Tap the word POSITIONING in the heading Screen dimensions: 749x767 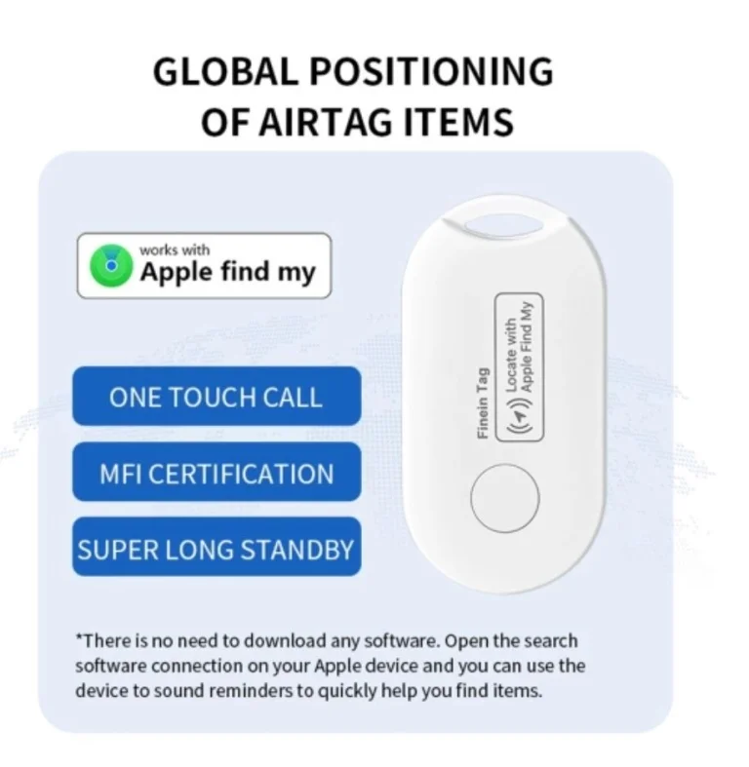[x=431, y=71]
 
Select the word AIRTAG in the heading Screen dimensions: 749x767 [x=325, y=122]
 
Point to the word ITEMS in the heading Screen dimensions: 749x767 [x=458, y=122]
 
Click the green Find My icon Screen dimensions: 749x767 [x=111, y=266]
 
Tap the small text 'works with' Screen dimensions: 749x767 [x=175, y=249]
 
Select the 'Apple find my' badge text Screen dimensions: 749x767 [x=227, y=272]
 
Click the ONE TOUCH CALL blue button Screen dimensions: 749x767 [x=217, y=396]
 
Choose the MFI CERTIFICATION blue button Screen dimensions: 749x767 [x=217, y=472]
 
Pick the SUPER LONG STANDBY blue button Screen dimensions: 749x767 [x=217, y=547]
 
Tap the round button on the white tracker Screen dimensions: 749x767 [x=505, y=498]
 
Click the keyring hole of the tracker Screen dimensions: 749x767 [x=504, y=225]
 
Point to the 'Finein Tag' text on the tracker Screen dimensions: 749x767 [x=483, y=403]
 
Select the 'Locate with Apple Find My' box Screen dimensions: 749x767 [x=520, y=366]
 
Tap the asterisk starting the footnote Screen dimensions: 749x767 [x=79, y=637]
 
